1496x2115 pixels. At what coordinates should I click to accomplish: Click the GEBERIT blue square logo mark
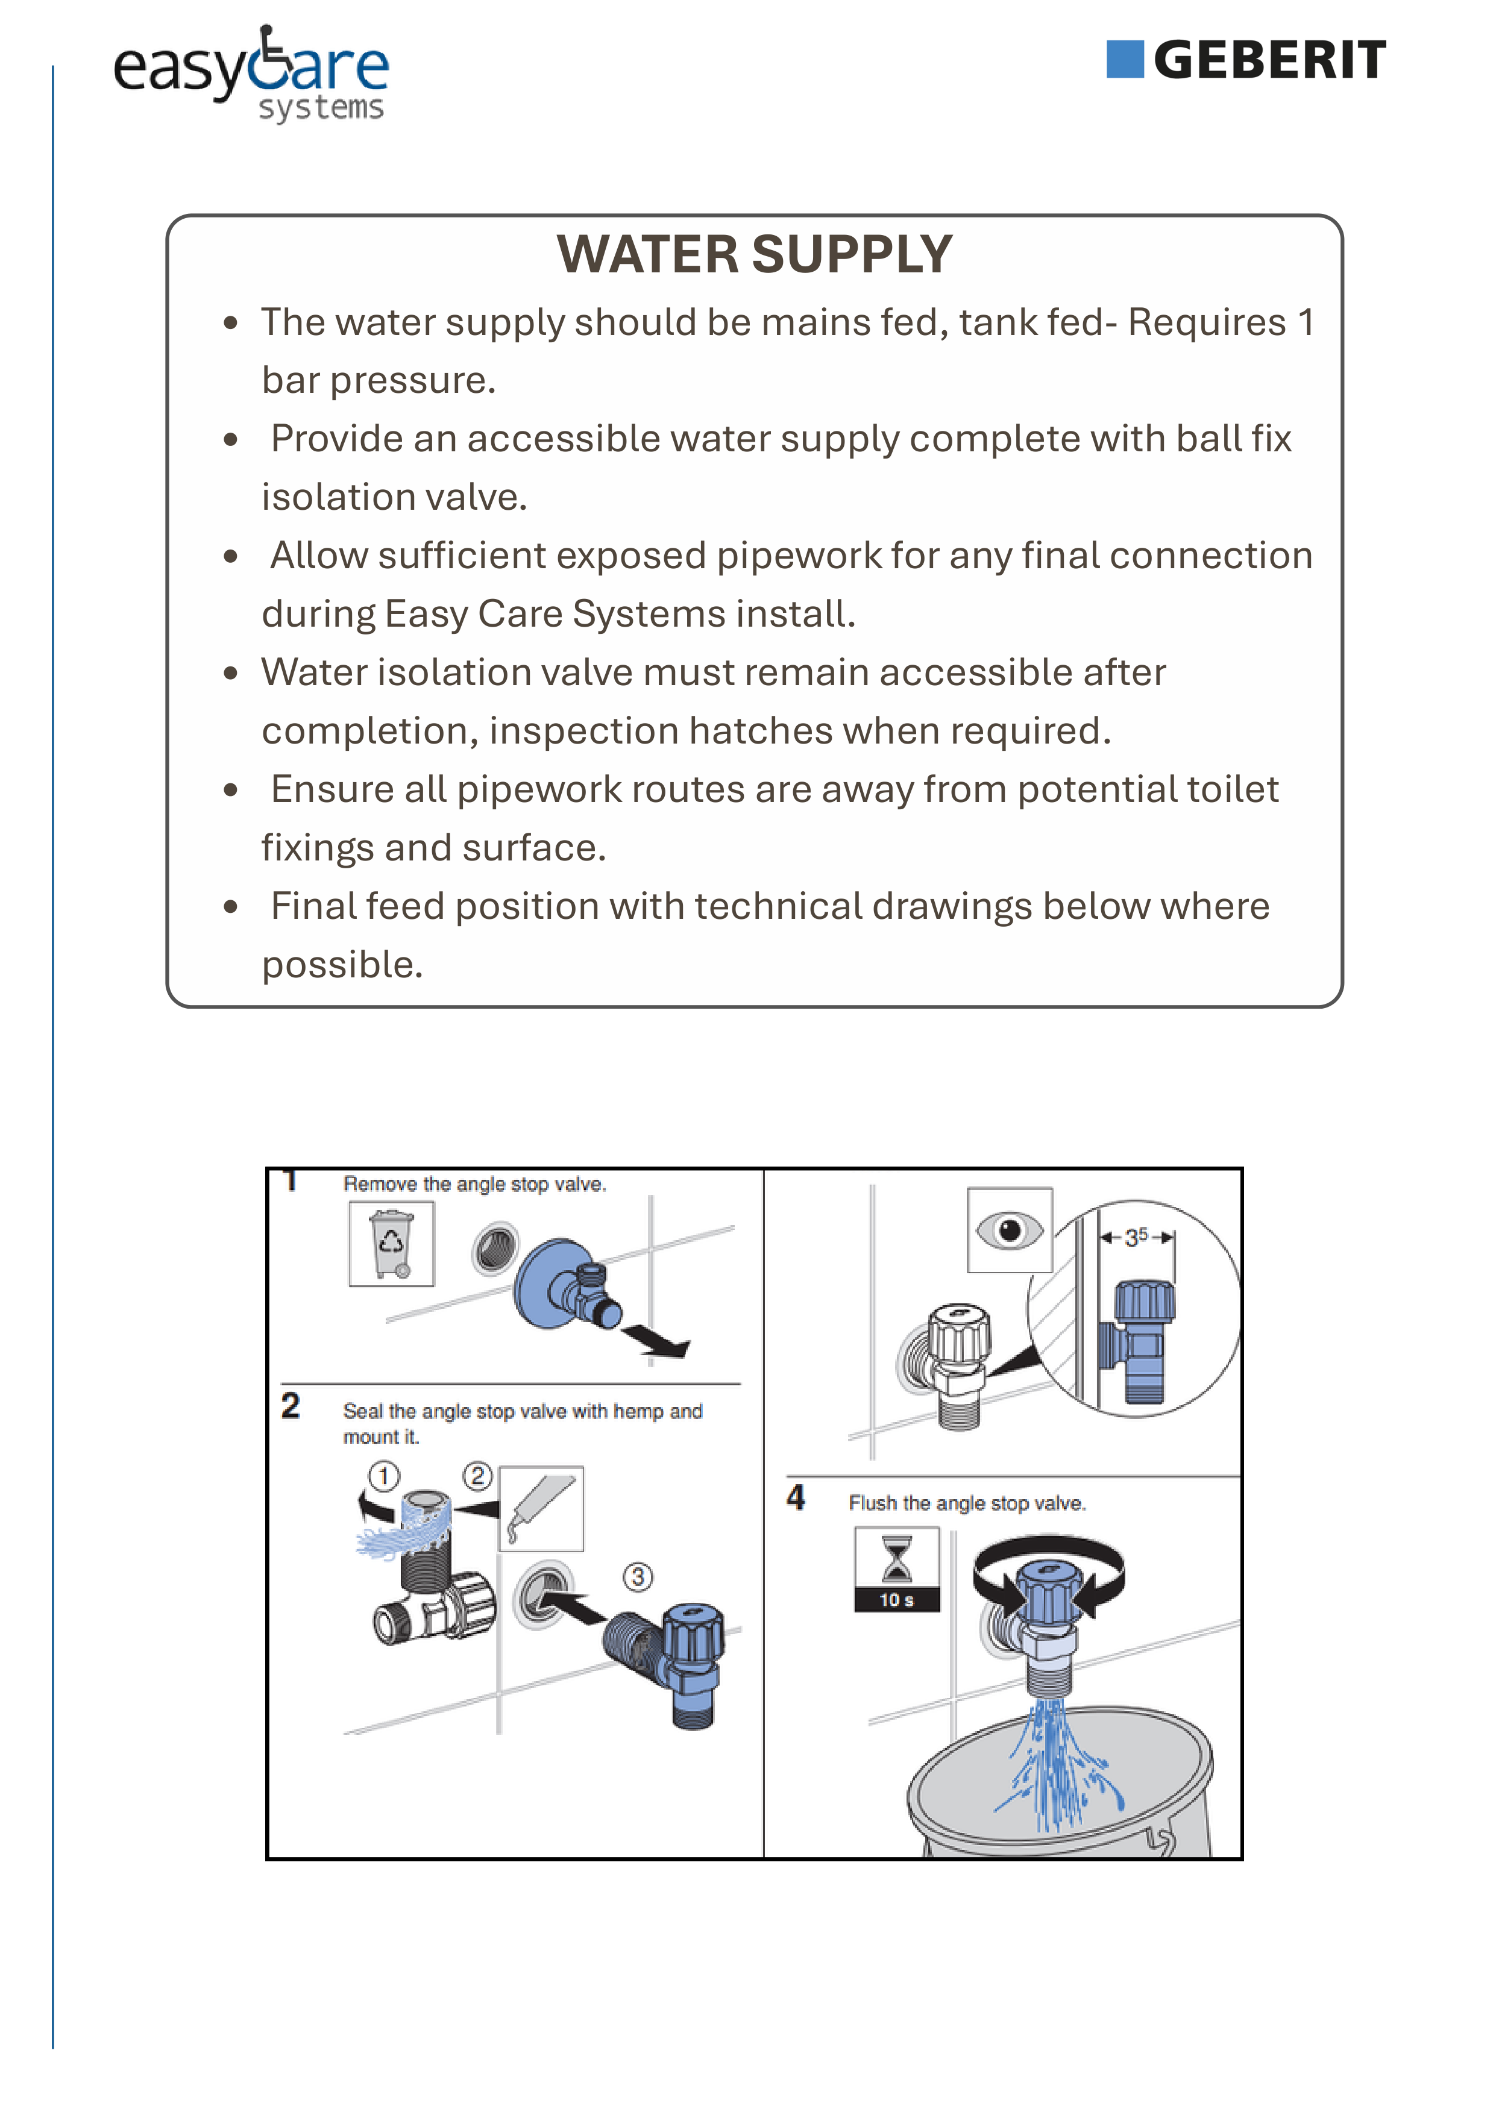[x=1125, y=60]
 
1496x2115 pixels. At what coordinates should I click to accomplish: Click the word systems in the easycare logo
[x=321, y=108]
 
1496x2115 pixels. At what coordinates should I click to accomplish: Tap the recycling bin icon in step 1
[x=391, y=1244]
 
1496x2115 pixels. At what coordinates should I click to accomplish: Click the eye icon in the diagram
[x=1010, y=1230]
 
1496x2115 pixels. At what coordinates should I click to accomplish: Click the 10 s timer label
[x=896, y=1600]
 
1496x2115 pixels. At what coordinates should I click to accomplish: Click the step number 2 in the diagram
[x=290, y=1406]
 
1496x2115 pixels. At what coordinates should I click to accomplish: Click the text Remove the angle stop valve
[x=474, y=1185]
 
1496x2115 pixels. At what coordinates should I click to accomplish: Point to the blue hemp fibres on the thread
[x=403, y=1532]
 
